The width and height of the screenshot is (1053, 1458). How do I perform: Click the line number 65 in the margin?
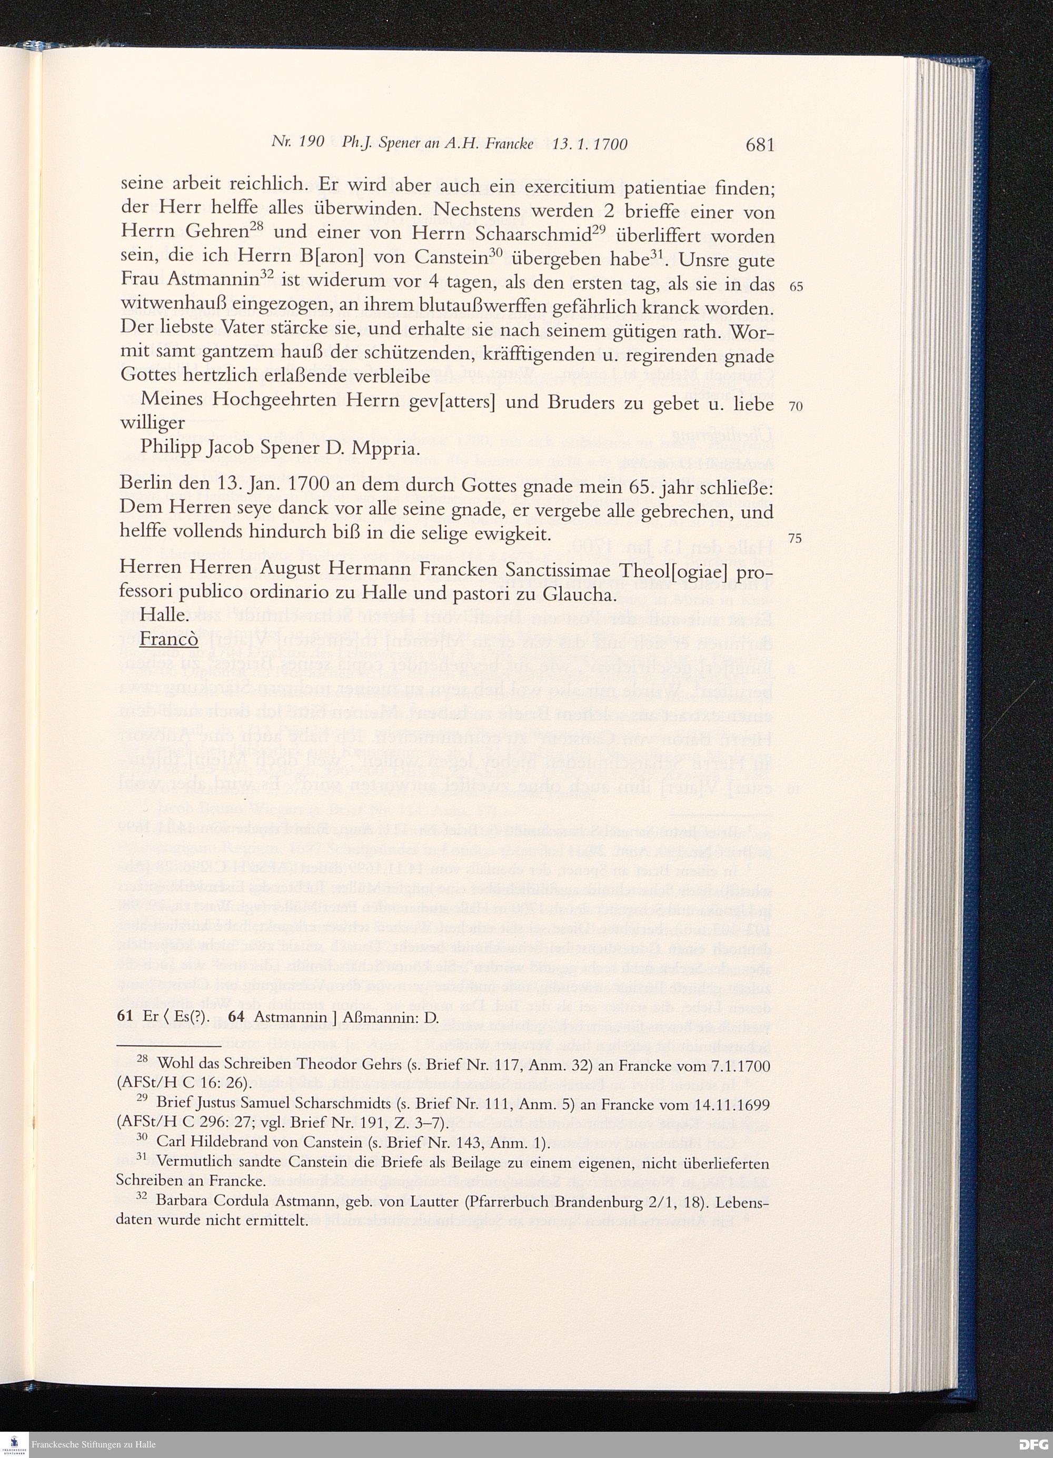pyautogui.click(x=796, y=287)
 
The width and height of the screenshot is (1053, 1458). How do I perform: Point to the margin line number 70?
pyautogui.click(x=796, y=407)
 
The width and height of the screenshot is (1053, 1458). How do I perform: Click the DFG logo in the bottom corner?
pyautogui.click(x=1033, y=1444)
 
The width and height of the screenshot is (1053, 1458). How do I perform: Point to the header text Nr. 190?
pyautogui.click(x=296, y=144)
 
